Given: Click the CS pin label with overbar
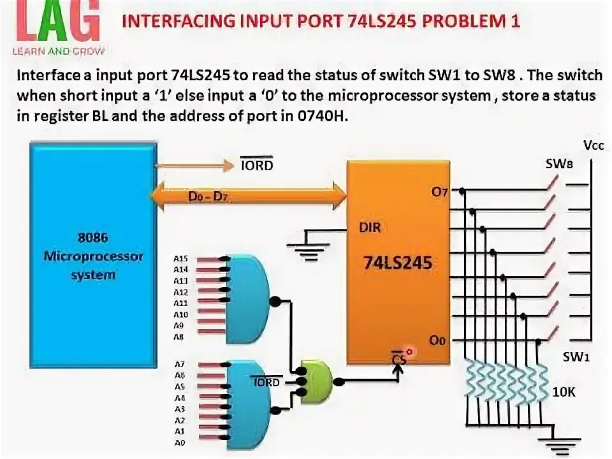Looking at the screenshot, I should [x=398, y=359].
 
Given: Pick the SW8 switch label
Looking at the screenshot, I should [x=559, y=164].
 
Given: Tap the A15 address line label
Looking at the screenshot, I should [x=180, y=259].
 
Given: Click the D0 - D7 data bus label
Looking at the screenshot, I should [x=208, y=198].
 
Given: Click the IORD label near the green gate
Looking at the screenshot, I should [x=266, y=382].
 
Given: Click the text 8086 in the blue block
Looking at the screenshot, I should [x=93, y=237].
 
